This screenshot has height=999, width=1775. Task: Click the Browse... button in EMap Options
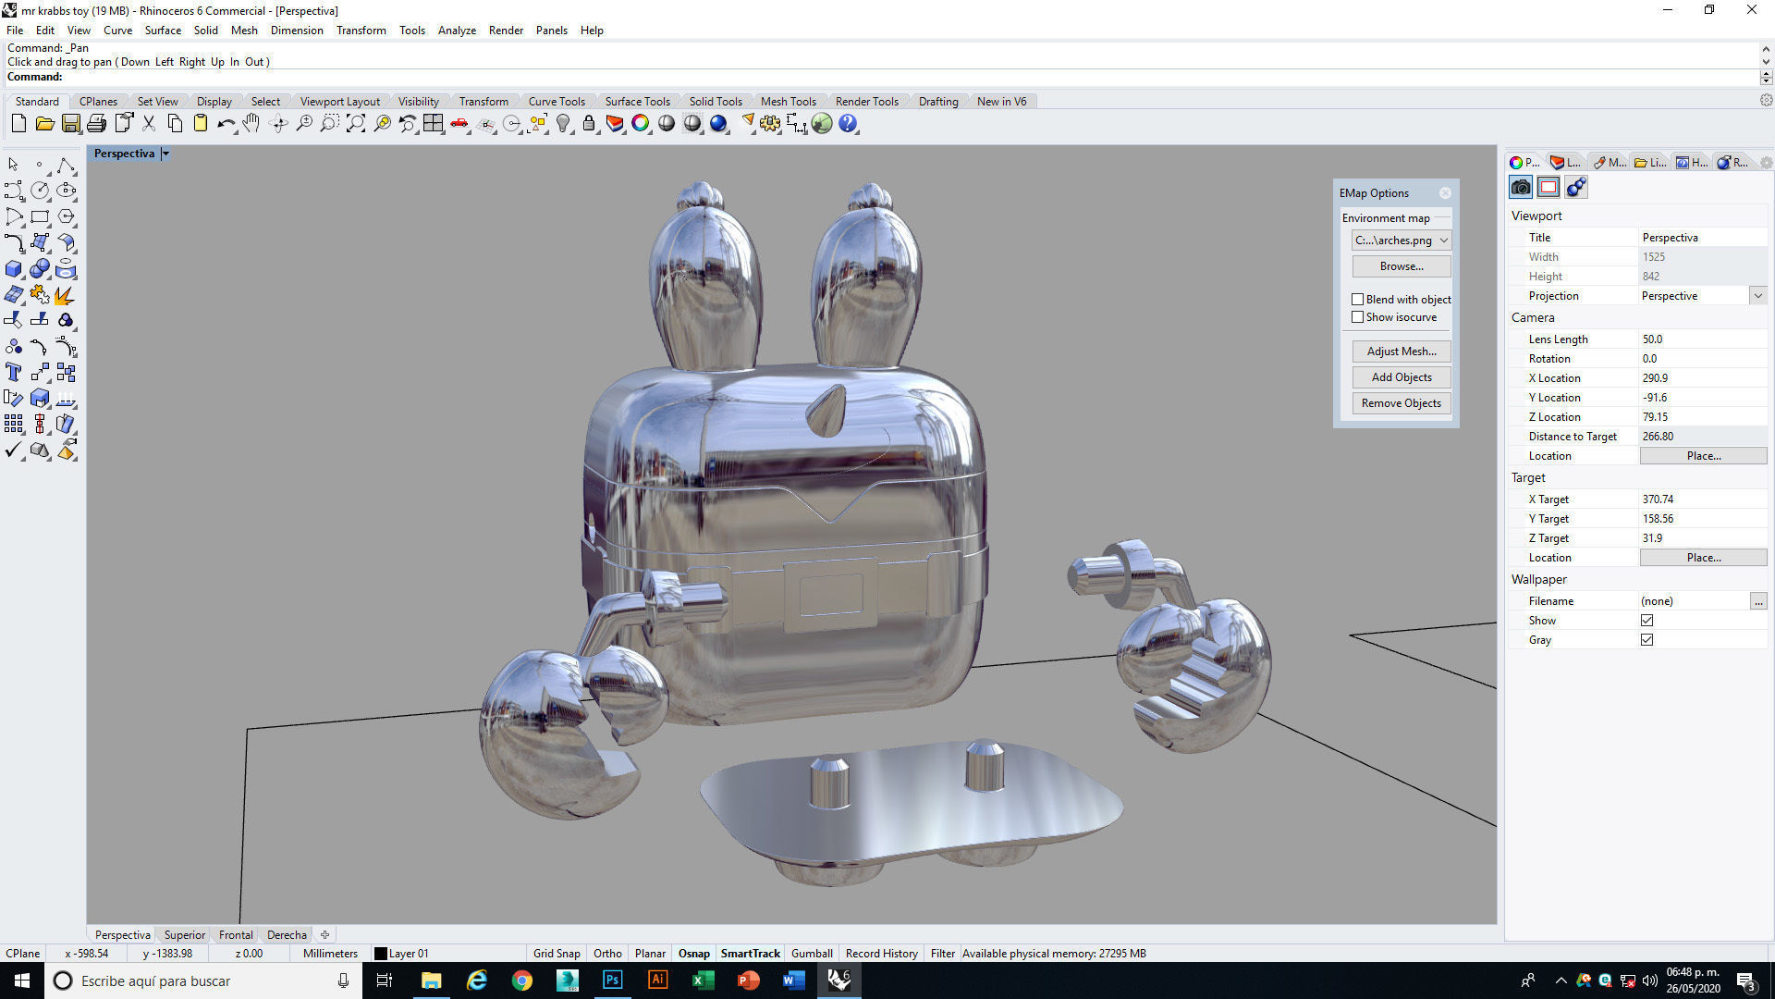point(1401,266)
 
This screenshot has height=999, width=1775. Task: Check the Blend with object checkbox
point(1357,300)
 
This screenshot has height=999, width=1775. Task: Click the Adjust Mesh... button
point(1401,351)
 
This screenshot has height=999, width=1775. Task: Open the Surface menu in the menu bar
point(163,31)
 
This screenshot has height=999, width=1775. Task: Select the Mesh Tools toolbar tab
point(788,102)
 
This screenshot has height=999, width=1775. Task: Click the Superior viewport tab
point(184,935)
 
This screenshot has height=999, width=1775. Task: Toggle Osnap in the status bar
point(693,954)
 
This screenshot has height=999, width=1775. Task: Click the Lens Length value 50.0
point(1652,339)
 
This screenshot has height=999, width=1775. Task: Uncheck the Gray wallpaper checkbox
point(1646,640)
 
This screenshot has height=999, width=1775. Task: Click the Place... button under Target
point(1703,558)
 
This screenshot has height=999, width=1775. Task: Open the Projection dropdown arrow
point(1757,296)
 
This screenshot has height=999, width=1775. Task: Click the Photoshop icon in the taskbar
point(612,980)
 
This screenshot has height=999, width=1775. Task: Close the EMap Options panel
point(1445,193)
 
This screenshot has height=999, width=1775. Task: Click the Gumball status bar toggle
point(812,954)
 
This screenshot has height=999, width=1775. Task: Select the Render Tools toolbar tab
point(866,102)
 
